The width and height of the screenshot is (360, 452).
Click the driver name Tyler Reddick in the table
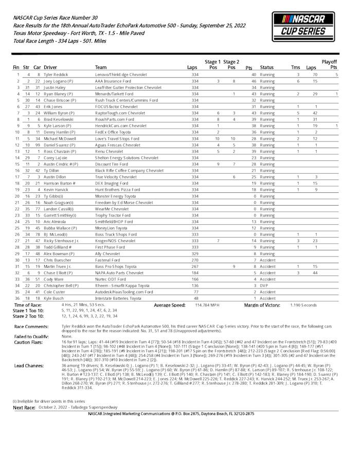[x=56, y=75]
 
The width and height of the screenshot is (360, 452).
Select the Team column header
[x=101, y=67]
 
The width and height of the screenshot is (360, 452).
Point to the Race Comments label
[x=30, y=327]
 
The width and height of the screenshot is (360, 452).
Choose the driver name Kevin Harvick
[x=57, y=190]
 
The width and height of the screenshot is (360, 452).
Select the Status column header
[x=267, y=67]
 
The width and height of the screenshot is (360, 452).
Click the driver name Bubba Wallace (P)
[x=60, y=228]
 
